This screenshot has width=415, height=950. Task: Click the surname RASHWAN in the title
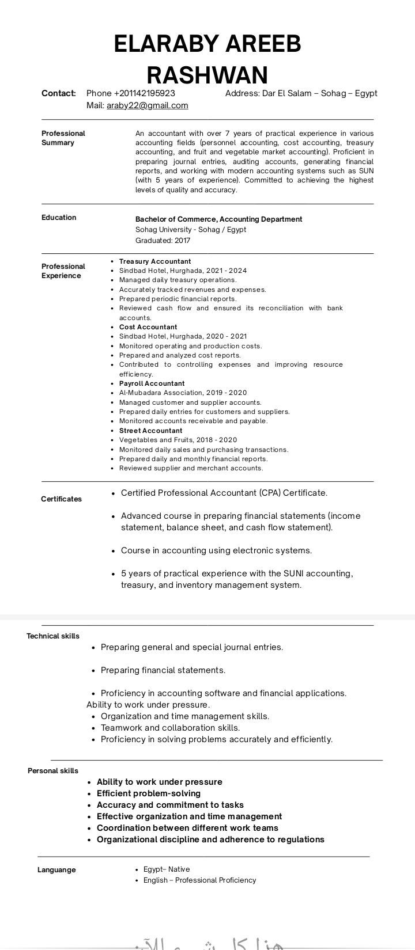tap(207, 75)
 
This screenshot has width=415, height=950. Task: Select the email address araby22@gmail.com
tap(148, 105)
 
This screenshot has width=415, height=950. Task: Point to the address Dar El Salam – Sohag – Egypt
tap(319, 93)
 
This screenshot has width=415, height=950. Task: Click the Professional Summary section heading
tap(63, 138)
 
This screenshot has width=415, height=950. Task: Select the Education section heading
tap(59, 218)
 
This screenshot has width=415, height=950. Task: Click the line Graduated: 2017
tap(163, 241)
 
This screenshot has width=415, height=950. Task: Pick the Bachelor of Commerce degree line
tap(218, 219)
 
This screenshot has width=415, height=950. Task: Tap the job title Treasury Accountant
tap(155, 261)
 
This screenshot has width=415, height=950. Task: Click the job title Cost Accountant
tap(148, 327)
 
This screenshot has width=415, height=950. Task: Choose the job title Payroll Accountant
tap(152, 383)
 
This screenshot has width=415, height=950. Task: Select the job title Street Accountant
tap(150, 431)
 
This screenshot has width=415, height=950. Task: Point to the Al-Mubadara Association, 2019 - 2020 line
tap(183, 393)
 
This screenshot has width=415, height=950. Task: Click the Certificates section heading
tap(61, 499)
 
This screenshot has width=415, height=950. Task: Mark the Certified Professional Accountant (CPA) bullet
tap(224, 493)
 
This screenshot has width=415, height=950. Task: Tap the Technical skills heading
tap(53, 636)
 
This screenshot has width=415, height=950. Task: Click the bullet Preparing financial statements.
tap(163, 670)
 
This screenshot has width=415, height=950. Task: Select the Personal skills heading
tap(53, 771)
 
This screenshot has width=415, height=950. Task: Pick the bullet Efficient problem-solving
tap(149, 793)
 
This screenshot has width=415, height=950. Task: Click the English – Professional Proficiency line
tap(200, 880)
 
